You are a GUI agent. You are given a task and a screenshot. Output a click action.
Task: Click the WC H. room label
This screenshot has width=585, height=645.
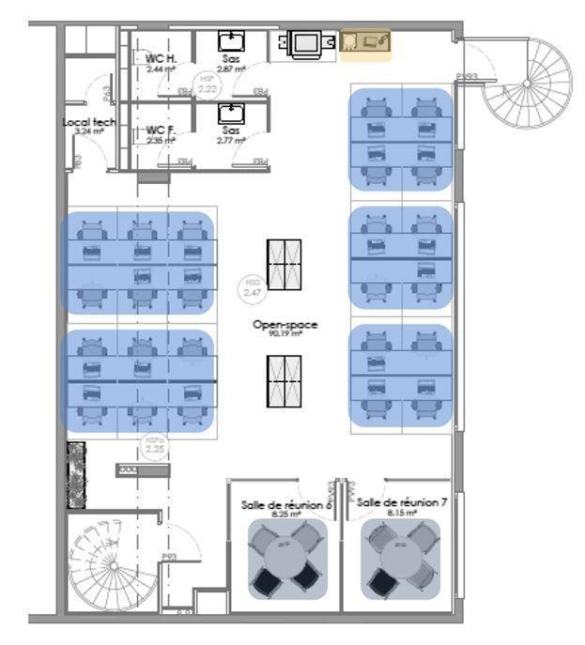point(161,58)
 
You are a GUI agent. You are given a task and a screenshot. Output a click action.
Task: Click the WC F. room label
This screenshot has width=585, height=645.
point(161,130)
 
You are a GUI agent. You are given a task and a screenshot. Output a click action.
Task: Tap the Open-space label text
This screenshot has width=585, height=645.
point(285,324)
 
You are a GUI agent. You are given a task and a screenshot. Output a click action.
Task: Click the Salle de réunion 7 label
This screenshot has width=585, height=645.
point(402,503)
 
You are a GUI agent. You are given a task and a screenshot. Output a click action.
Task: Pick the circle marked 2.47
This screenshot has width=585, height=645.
point(252,288)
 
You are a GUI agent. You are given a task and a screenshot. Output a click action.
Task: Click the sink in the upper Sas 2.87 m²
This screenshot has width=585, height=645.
point(230,40)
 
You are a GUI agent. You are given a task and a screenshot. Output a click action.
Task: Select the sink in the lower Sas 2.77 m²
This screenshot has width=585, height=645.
point(230,114)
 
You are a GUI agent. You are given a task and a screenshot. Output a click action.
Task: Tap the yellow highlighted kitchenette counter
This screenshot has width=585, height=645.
point(364,42)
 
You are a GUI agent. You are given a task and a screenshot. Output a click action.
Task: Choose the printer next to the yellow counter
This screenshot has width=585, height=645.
point(305,42)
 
